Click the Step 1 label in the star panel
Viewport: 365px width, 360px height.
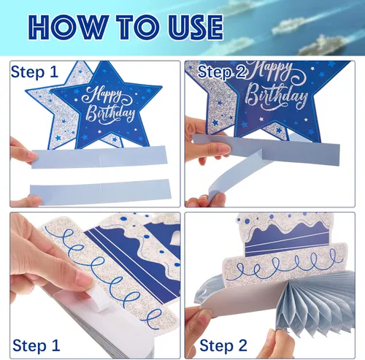coord(34,72)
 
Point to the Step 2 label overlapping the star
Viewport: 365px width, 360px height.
coord(221,72)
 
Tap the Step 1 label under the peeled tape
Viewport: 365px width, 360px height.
coord(36,345)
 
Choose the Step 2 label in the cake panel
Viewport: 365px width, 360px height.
coord(223,345)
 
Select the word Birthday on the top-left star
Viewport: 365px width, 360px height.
coord(111,113)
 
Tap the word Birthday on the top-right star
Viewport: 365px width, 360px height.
coord(277,96)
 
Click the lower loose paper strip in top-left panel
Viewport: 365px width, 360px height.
coord(100,192)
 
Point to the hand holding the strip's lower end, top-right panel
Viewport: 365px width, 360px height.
coord(207,201)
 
